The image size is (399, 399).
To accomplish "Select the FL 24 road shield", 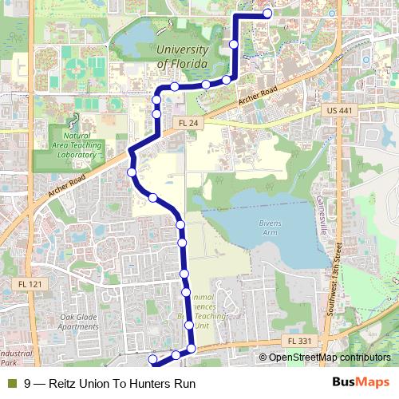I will pos(188,123).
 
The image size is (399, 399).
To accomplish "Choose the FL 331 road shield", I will pos(300,342).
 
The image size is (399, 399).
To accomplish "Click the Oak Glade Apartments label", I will pos(78,322).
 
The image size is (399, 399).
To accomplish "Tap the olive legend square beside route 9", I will pos(11,384).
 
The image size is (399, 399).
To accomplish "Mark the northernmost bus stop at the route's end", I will pos(267,13).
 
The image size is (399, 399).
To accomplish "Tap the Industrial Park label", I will pos(16,358).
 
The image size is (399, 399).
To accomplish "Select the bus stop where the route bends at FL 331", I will pos(192,349).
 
